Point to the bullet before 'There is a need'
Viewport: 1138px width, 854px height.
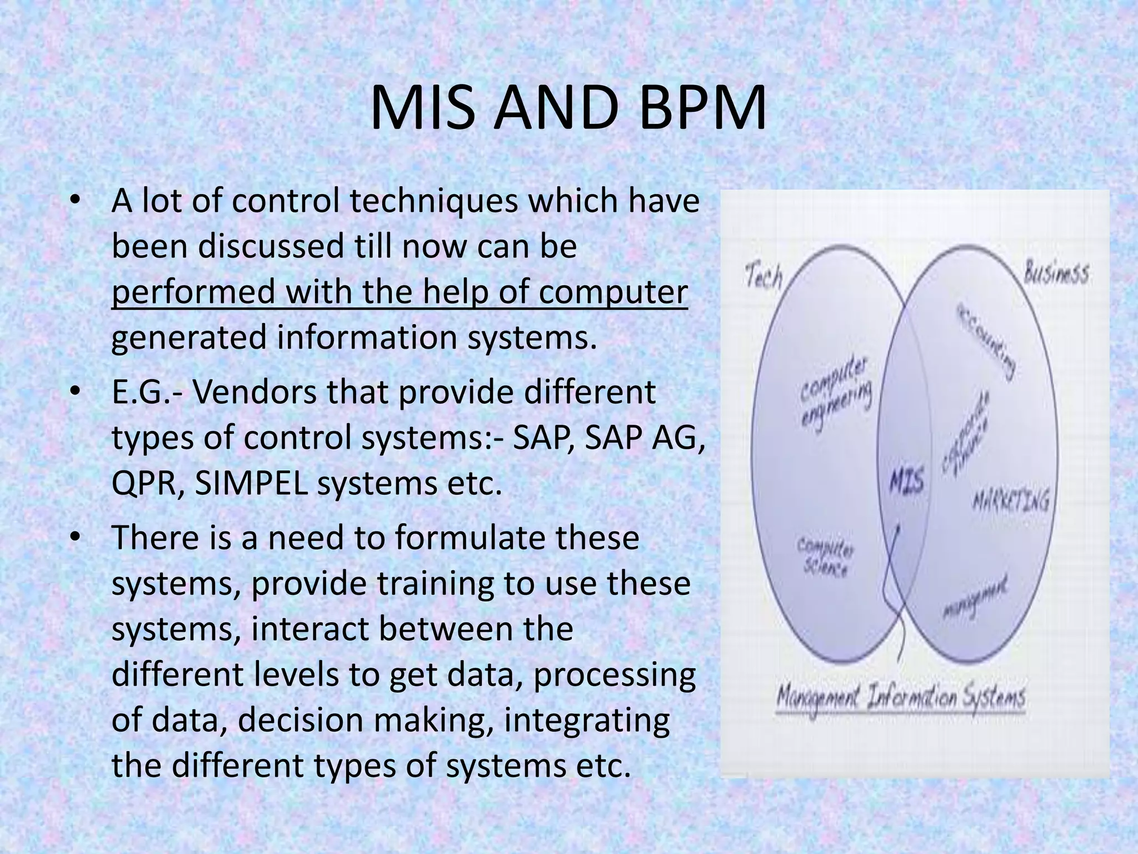(76, 537)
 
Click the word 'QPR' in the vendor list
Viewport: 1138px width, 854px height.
(143, 485)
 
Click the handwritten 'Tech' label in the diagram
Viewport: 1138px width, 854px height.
(763, 276)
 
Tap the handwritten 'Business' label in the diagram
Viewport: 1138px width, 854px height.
(1056, 274)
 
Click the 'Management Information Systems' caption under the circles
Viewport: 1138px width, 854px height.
(900, 698)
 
